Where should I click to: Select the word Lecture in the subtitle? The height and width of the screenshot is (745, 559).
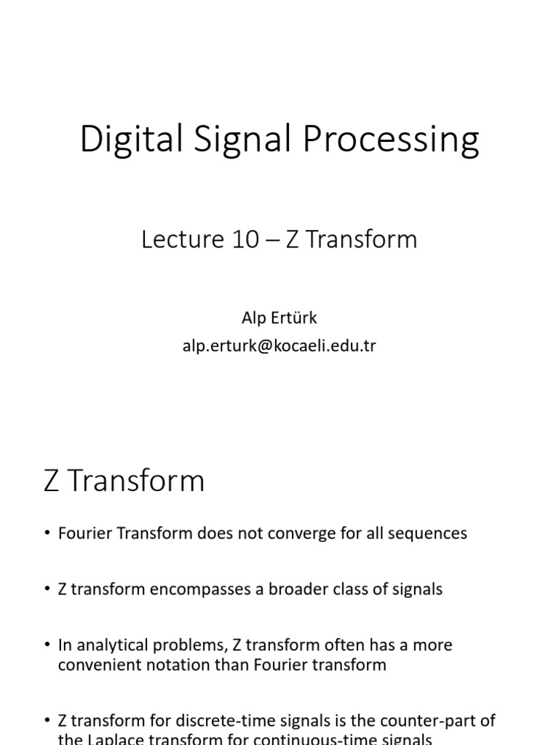click(x=179, y=239)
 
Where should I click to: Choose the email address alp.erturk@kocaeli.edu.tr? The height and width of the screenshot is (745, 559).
click(x=279, y=346)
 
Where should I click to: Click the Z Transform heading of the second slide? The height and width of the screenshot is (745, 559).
click(x=124, y=482)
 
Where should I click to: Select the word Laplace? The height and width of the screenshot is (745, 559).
click(x=115, y=739)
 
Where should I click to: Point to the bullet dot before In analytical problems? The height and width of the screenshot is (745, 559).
click(x=47, y=645)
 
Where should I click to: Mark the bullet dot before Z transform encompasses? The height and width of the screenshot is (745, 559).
click(x=47, y=590)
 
